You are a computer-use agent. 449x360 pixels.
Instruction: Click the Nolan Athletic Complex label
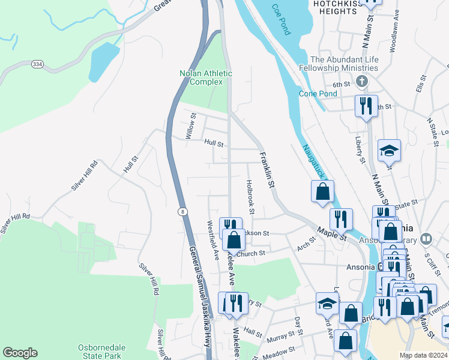pyautogui.click(x=206, y=77)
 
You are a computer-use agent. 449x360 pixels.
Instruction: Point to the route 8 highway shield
pyautogui.click(x=181, y=212)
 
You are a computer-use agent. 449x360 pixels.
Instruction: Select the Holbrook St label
pyautogui.click(x=250, y=197)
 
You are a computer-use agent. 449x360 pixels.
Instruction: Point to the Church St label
pyautogui.click(x=250, y=254)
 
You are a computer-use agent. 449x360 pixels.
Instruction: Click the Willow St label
pyautogui.click(x=191, y=127)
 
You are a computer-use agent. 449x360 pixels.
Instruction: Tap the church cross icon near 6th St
pyautogui.click(x=361, y=81)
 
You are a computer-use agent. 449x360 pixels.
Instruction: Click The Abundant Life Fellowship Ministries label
pyautogui.click(x=344, y=64)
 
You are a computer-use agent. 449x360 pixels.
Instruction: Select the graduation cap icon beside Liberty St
pyautogui.click(x=389, y=151)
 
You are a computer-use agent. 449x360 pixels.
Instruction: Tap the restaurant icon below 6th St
pyautogui.click(x=366, y=106)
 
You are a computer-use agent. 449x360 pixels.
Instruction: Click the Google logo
pyautogui.click(x=20, y=353)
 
